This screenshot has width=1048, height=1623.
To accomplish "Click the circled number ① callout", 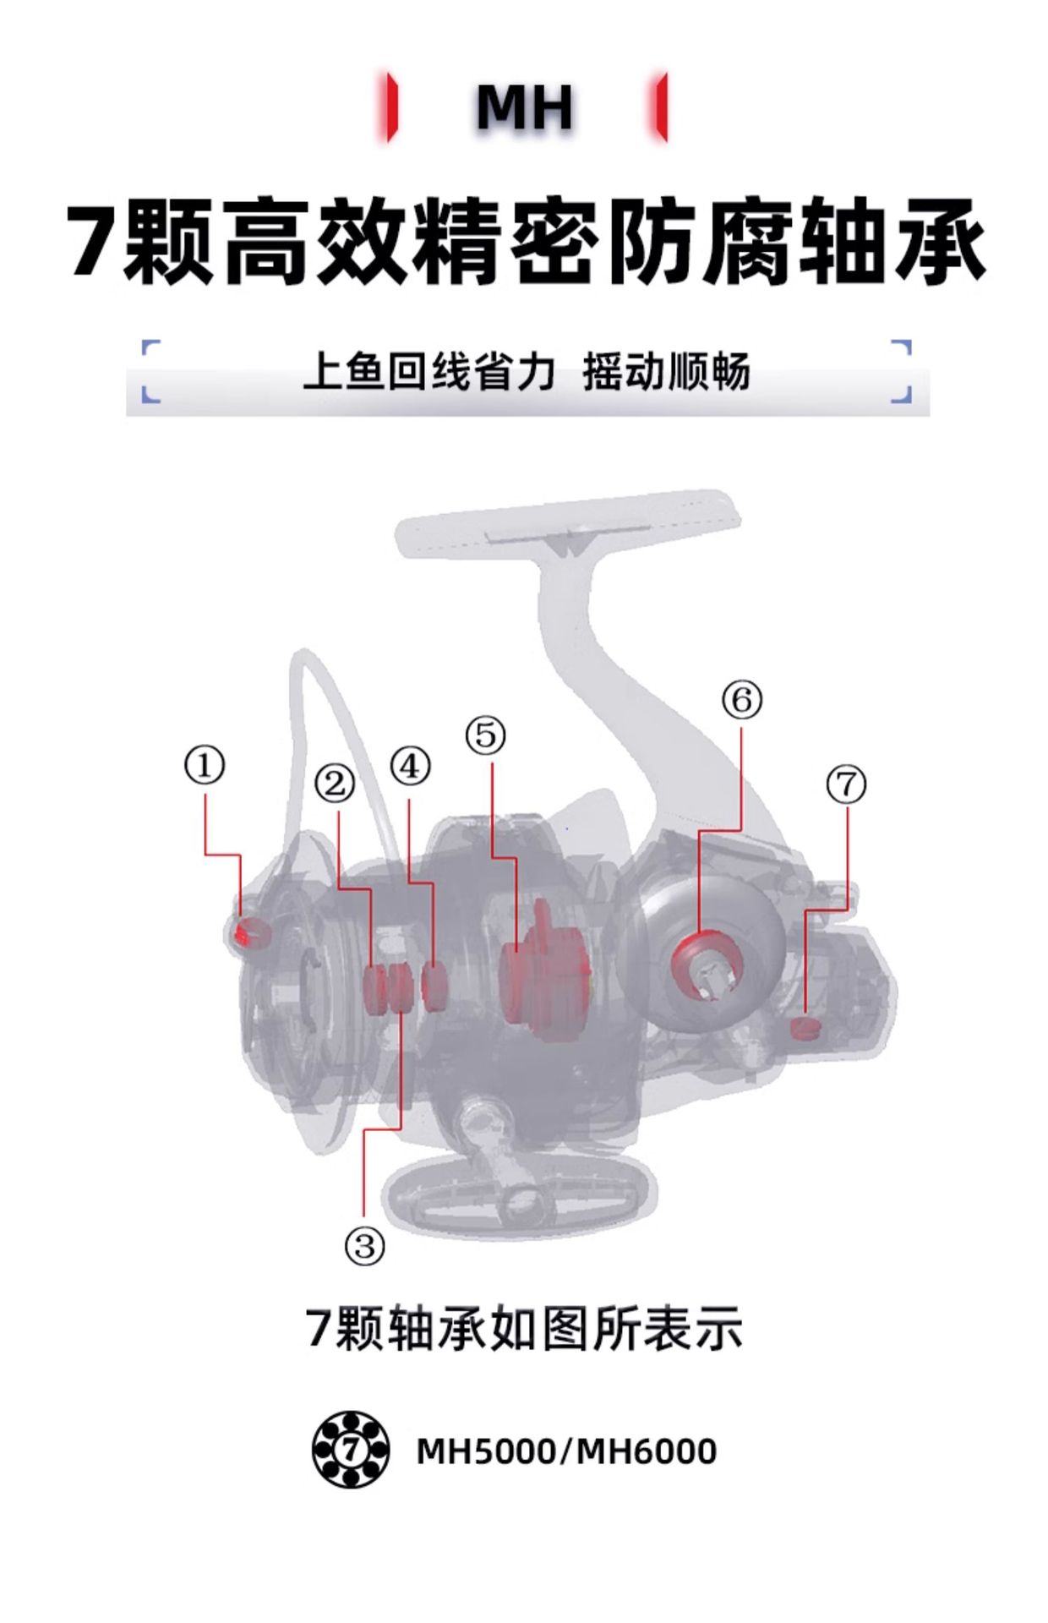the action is point(205,766).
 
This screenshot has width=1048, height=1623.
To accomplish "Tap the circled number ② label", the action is point(335,784).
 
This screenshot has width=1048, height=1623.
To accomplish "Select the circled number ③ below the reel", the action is point(364,1245).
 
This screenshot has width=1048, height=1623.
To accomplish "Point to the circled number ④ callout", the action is point(410,766).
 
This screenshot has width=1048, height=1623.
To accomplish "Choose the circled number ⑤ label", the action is point(485,735).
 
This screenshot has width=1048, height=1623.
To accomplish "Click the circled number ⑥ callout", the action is point(741,699).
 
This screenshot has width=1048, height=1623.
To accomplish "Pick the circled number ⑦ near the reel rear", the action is point(846,784).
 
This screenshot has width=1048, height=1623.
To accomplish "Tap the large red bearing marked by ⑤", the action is point(545,972).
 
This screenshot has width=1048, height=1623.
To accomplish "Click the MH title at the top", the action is point(524,107).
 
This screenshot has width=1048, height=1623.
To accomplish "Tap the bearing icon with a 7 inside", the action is point(351,1450).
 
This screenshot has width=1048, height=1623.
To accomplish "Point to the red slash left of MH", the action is point(390,107).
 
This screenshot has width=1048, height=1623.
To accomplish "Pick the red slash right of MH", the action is point(662,107).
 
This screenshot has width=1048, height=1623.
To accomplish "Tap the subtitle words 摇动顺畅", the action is point(666,373).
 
